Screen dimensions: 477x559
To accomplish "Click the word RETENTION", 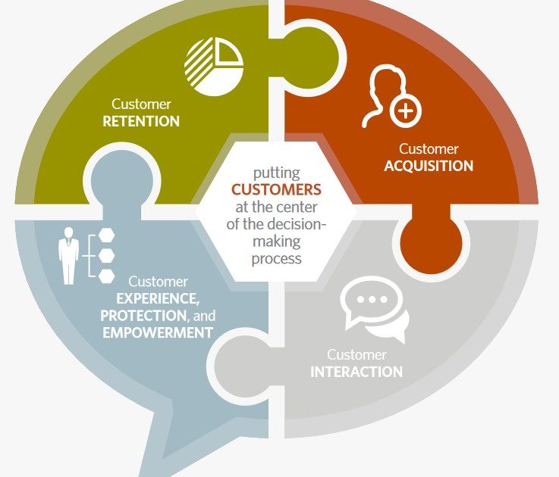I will [x=141, y=121].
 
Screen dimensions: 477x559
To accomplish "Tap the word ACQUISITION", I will [x=428, y=167].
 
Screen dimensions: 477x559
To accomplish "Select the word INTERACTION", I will [x=356, y=372].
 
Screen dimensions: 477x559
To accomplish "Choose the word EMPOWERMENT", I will [x=157, y=332].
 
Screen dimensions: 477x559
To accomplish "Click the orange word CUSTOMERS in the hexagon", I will [x=276, y=189].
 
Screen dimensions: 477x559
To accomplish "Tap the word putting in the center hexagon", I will [x=276, y=172].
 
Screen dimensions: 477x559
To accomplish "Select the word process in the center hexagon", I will [x=276, y=258].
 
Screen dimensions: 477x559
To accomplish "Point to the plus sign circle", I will [x=407, y=112].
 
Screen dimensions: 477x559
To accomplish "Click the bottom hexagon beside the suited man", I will [x=107, y=276].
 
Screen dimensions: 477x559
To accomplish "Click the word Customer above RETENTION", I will [x=141, y=104].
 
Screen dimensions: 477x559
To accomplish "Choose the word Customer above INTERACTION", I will [x=356, y=354].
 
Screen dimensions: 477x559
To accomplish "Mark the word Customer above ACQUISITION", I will [x=429, y=149].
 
